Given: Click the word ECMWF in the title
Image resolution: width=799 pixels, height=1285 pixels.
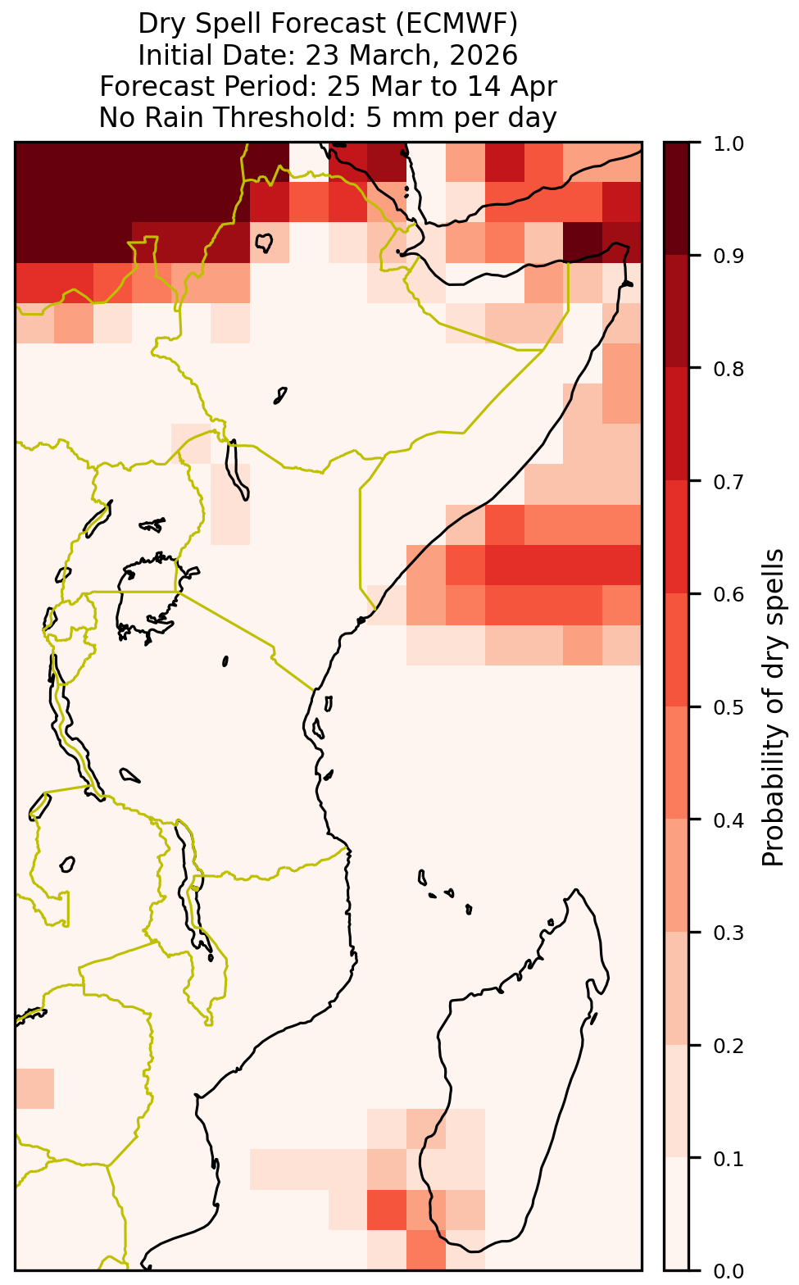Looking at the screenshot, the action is click(448, 24).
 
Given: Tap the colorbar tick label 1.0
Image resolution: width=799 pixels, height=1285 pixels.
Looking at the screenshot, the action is click(729, 143).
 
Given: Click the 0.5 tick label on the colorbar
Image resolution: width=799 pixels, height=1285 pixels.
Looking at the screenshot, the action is click(729, 707).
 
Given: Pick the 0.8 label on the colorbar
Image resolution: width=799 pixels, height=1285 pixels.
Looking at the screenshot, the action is click(729, 369).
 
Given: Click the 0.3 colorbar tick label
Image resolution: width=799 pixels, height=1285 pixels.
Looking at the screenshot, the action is click(729, 933).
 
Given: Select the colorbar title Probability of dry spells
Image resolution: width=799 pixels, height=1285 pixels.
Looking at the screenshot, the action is click(772, 707).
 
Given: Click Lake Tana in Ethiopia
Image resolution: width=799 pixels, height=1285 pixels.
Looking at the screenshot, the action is click(264, 242).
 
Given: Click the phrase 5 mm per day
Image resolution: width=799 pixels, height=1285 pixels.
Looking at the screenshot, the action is click(461, 118).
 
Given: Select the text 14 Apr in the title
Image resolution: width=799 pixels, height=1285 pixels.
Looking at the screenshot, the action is click(511, 87).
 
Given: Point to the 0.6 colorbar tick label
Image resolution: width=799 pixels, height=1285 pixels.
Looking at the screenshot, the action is click(729, 595).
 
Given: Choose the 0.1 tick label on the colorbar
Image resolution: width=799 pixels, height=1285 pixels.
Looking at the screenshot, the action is click(729, 1159).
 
